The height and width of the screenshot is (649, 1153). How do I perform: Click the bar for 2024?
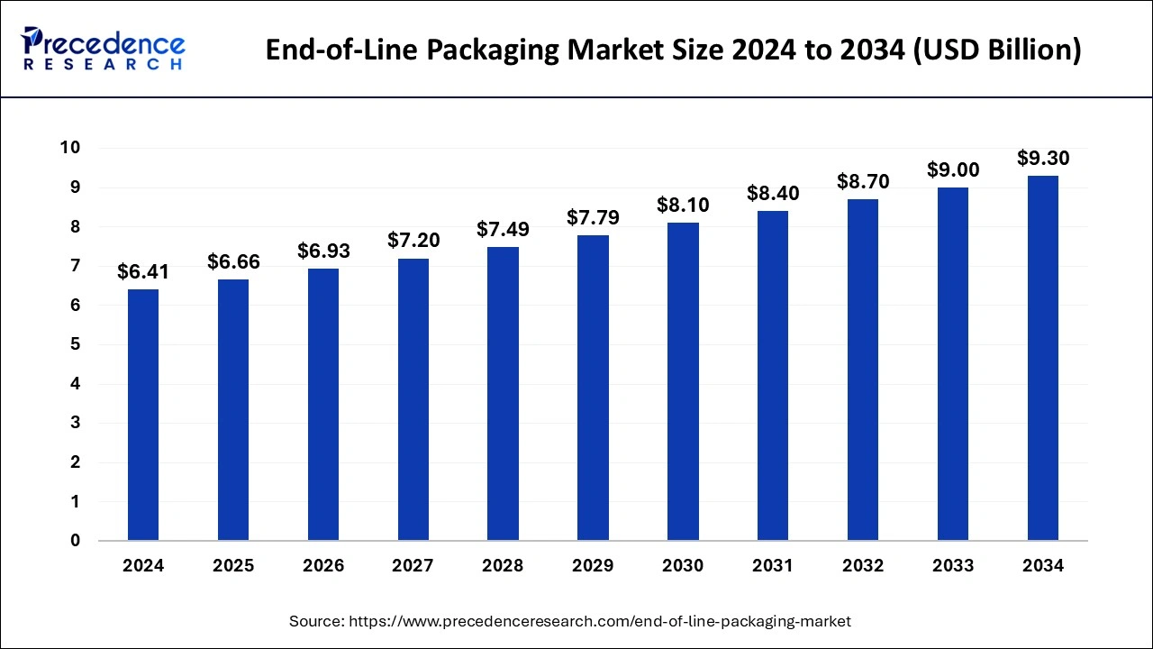[x=143, y=415]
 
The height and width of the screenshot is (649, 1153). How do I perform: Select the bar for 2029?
[x=593, y=388]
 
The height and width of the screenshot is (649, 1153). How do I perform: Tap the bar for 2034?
[x=1042, y=358]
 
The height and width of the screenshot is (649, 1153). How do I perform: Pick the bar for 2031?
[x=773, y=376]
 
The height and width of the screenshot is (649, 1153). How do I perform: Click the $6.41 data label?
[x=143, y=272]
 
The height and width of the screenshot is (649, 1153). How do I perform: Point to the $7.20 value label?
[x=413, y=241]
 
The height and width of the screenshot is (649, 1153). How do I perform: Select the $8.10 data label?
[x=683, y=206]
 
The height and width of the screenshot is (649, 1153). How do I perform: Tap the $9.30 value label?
[x=1043, y=159]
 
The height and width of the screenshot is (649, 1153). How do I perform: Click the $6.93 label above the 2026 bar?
[x=323, y=251]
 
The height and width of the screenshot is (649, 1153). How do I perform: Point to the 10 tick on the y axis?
[x=70, y=148]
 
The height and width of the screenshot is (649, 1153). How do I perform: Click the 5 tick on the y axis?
[x=76, y=344]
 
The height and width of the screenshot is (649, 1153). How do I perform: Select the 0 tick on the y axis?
[x=76, y=541]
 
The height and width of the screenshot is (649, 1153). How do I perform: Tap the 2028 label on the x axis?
[x=503, y=566]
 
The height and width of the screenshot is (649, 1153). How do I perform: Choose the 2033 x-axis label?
[x=953, y=566]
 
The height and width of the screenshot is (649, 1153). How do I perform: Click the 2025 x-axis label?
[x=233, y=566]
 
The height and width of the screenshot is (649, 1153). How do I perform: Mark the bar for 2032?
[x=863, y=370]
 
